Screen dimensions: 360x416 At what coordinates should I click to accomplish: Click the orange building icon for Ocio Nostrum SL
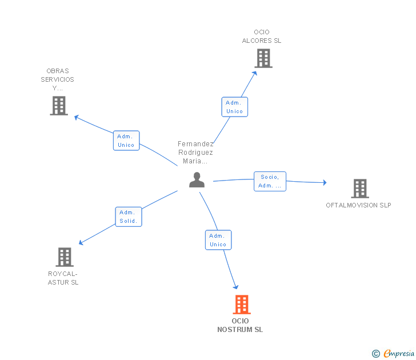242,305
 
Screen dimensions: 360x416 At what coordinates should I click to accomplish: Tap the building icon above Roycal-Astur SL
65,257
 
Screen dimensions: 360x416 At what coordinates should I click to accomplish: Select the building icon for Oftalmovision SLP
359,188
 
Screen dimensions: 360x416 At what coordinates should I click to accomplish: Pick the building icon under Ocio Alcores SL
263,58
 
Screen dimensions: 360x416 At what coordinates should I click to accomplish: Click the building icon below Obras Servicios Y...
59,106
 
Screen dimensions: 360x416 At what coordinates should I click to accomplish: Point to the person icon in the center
197,180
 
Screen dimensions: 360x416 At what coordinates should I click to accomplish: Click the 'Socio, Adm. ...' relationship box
270,181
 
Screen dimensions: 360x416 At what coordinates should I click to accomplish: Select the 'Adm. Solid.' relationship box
129,217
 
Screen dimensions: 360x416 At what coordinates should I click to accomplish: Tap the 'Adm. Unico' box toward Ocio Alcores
234,107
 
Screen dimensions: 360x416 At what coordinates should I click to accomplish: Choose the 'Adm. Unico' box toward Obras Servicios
126,141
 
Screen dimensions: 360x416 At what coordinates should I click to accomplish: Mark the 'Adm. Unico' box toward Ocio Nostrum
218,240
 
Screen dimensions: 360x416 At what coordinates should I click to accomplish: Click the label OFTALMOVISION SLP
358,205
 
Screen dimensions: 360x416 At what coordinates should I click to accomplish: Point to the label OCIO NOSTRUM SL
241,325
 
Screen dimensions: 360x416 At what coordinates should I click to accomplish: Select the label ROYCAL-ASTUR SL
63,278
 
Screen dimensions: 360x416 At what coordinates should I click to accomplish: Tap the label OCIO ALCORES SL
262,37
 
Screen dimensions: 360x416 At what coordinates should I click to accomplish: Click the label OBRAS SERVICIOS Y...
57,79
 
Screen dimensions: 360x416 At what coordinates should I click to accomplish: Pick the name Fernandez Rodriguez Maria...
195,153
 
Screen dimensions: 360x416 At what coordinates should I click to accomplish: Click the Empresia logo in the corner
398,354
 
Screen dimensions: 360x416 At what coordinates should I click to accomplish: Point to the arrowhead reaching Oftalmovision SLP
324,183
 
